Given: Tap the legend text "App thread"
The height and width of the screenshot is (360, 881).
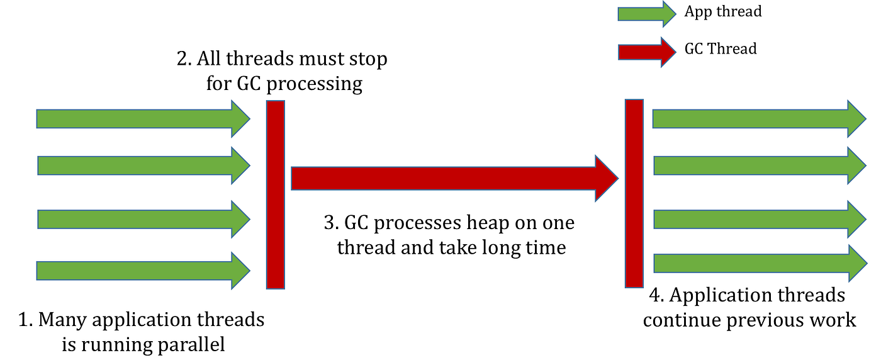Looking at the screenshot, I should coord(723,12).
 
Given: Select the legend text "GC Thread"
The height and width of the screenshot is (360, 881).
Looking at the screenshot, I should coord(721,49).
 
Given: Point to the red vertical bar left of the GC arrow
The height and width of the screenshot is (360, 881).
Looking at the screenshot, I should coord(276,194).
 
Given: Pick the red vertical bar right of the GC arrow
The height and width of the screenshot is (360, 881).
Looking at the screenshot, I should coord(634,193).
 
